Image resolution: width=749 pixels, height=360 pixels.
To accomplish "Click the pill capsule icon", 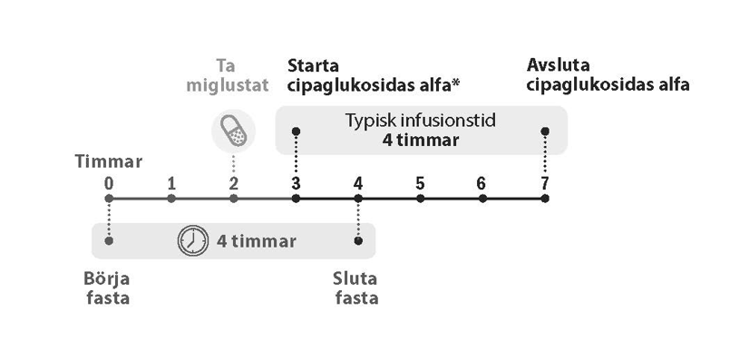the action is (x=233, y=131).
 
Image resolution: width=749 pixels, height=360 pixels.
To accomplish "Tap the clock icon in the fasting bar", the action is (x=193, y=240).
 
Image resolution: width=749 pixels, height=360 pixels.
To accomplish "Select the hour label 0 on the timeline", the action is (x=109, y=184).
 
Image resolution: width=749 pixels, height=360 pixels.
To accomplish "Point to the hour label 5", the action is (x=420, y=184).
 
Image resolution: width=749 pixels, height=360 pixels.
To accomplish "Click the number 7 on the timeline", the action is (x=545, y=184).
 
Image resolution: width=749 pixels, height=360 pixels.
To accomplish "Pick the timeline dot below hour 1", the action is (x=171, y=199).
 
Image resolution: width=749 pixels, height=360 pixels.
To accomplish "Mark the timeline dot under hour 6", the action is (x=482, y=199).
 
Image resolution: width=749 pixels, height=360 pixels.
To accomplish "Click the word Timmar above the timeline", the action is (x=109, y=161).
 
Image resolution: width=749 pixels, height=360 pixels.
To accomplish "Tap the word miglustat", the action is (x=228, y=85).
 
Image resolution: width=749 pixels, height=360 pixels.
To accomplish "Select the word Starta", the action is (x=313, y=65).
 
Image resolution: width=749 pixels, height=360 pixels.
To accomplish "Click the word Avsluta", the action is (x=558, y=65).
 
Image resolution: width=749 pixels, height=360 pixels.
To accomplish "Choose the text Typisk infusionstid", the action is (x=421, y=121).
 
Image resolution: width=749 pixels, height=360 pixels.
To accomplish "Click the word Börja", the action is (x=106, y=278).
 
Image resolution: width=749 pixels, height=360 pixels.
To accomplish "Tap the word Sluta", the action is (x=355, y=278).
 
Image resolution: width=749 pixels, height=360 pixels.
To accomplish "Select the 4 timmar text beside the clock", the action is (x=257, y=241).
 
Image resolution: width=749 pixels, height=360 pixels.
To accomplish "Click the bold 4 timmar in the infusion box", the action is (x=421, y=141).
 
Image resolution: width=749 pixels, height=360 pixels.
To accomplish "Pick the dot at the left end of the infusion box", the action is (x=296, y=131).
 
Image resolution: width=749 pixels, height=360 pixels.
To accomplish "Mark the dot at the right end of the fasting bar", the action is (x=358, y=240).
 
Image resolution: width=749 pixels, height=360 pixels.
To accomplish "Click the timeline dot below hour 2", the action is (x=234, y=199).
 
